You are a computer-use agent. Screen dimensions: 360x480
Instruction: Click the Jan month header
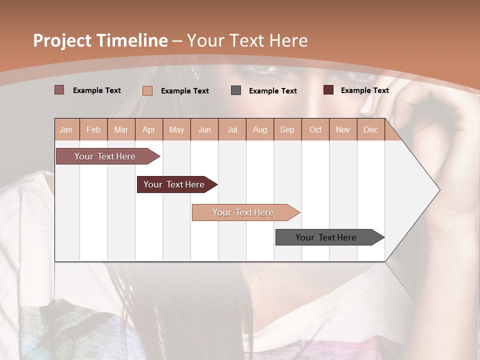66,129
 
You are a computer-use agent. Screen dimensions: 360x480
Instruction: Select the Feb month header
93,129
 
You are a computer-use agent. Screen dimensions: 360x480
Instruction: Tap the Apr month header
148,129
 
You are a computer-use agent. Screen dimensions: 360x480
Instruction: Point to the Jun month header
204,129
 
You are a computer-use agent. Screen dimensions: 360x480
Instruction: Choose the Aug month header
259,129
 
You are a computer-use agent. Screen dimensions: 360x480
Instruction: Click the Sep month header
287,129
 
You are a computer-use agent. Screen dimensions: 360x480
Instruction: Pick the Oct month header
315,129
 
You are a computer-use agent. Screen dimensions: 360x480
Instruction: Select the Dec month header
370,129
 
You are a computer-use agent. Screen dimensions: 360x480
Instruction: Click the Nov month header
343,129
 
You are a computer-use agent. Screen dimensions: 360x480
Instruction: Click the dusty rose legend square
59,90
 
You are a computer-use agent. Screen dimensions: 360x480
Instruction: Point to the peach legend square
147,90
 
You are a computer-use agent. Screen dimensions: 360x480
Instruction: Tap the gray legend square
236,90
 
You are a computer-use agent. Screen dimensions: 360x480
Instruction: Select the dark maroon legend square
328,90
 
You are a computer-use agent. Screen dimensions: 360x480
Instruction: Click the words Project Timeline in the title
100,40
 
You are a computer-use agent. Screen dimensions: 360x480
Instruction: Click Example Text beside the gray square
272,90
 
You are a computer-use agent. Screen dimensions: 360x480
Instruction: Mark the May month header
176,129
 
